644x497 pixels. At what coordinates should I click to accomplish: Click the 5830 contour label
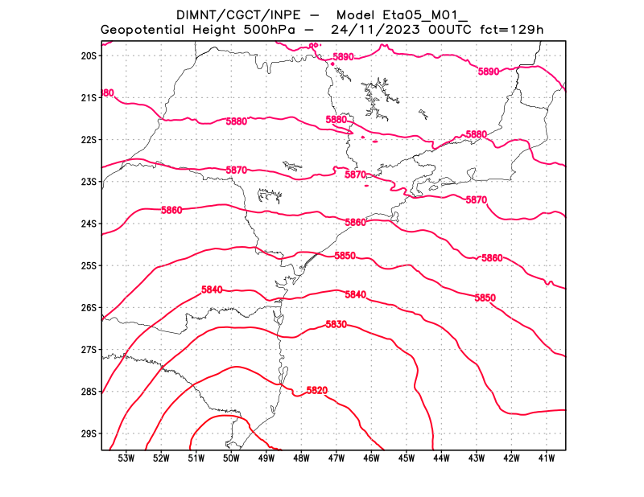(336, 324)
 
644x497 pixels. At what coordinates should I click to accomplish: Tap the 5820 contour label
(317, 390)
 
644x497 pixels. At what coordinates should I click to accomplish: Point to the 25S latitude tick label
(89, 265)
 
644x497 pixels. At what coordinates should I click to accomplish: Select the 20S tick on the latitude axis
(89, 55)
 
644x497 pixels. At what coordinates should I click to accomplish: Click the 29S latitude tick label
(89, 433)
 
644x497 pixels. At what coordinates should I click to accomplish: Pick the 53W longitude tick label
(126, 458)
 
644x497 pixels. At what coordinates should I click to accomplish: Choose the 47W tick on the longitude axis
(336, 458)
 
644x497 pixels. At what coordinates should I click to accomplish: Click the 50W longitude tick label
(231, 458)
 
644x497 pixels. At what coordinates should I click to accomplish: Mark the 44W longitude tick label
(441, 458)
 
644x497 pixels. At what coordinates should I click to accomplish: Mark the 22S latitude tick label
(89, 139)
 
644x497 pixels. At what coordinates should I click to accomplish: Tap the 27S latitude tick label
(89, 349)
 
